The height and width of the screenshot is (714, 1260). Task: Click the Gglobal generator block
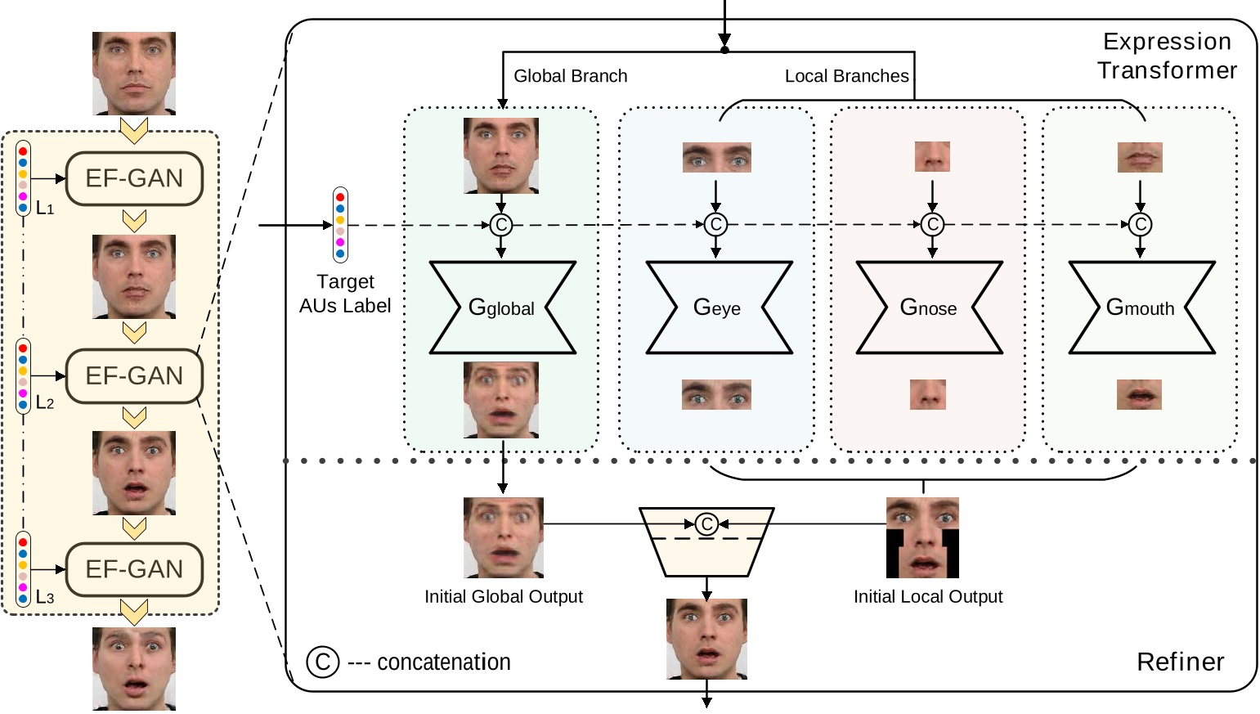click(x=502, y=308)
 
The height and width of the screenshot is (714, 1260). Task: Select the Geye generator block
click(x=718, y=308)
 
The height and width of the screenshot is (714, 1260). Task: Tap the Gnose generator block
click(x=929, y=308)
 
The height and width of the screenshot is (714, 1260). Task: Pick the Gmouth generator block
click(x=1141, y=308)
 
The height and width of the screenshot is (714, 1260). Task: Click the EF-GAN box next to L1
click(x=134, y=178)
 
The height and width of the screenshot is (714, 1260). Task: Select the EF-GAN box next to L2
click(x=134, y=376)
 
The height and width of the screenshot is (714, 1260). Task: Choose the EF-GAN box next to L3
click(x=134, y=569)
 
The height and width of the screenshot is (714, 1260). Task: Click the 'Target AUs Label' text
click(x=345, y=294)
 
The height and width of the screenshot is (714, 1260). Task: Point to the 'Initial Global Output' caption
click(x=504, y=597)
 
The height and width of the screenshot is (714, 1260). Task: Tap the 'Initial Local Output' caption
click(x=928, y=597)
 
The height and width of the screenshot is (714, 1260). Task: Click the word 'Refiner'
click(x=1180, y=662)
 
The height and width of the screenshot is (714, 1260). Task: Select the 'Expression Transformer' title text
click(x=1167, y=56)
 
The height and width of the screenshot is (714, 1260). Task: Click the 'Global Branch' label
click(x=571, y=76)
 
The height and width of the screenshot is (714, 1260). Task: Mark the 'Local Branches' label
click(x=846, y=76)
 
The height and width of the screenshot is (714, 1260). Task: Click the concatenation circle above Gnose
click(x=932, y=224)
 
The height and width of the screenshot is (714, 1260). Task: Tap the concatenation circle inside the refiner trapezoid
click(x=707, y=524)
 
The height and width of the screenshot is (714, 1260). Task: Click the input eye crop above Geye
click(x=717, y=157)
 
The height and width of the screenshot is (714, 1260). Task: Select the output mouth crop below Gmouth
click(x=1140, y=395)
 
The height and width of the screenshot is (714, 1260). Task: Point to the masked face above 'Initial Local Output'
click(x=922, y=537)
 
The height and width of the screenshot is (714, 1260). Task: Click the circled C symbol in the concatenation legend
click(x=323, y=662)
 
